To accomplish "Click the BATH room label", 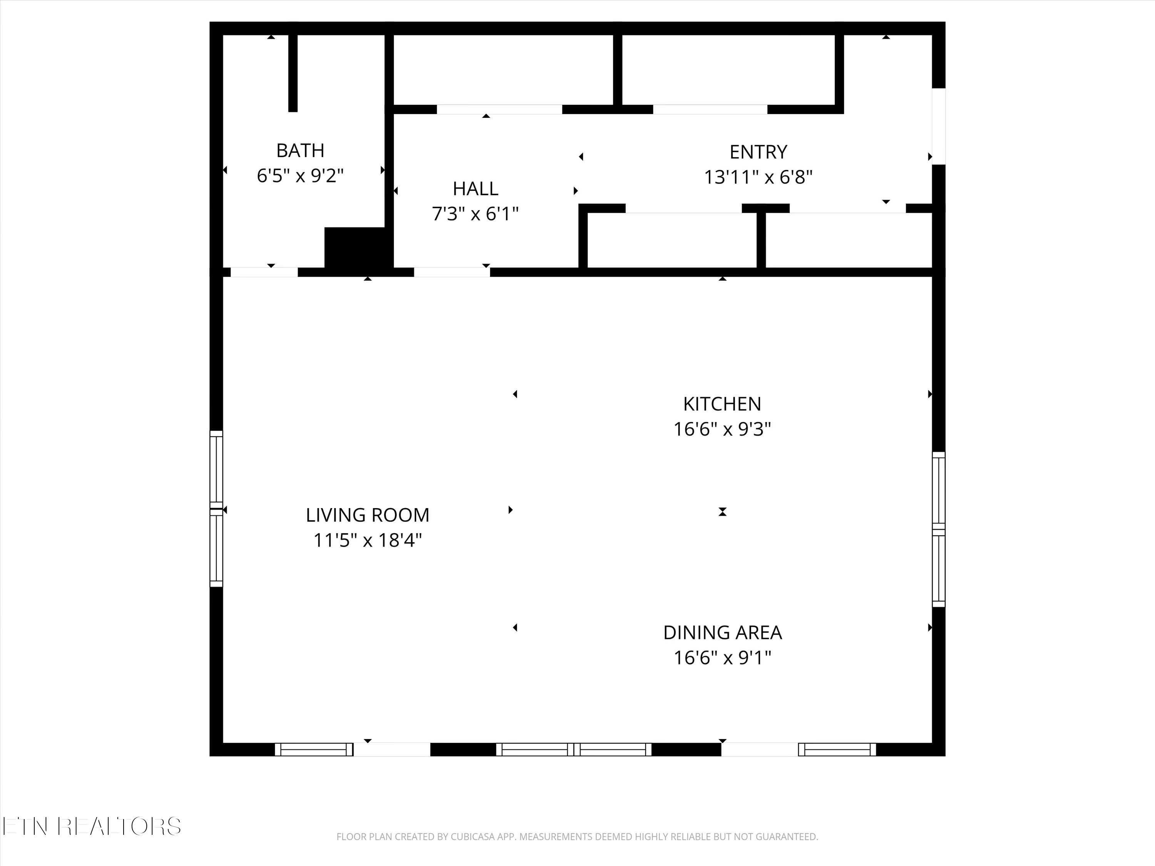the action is tap(300, 150).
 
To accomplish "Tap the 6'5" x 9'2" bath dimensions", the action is tap(300, 176).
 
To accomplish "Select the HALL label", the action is tap(475, 189).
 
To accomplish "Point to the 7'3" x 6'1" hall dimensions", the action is tap(475, 214).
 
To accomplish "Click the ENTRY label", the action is tap(758, 152).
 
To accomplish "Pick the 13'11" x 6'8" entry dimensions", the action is tap(758, 177).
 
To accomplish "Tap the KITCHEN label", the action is tap(722, 404).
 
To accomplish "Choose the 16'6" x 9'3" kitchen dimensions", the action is tap(722, 429).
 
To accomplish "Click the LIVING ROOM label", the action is tap(368, 515).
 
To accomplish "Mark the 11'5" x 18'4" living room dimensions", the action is tap(368, 540).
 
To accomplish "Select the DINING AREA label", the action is tap(722, 633).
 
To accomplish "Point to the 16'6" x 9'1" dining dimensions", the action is tap(722, 658).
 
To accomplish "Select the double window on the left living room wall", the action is tap(216, 509).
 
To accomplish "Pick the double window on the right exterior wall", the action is tap(939, 529).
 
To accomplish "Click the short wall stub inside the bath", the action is tap(293, 73).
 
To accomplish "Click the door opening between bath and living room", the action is tap(264, 272).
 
